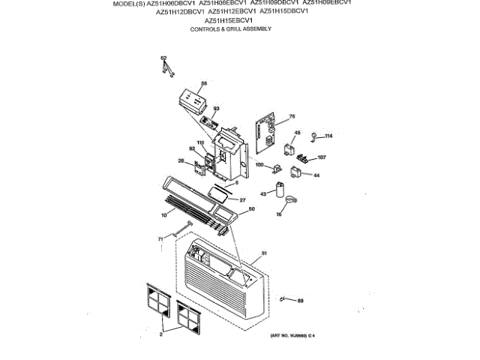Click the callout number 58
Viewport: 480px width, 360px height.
point(203,84)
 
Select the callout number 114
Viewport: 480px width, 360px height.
point(328,136)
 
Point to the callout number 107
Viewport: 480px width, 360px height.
point(322,157)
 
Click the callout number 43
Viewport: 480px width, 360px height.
point(264,194)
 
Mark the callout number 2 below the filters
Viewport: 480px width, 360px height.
point(160,334)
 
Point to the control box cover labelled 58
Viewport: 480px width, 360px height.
point(193,100)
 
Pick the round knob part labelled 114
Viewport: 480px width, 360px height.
point(315,136)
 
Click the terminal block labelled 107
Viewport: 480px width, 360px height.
point(304,157)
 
